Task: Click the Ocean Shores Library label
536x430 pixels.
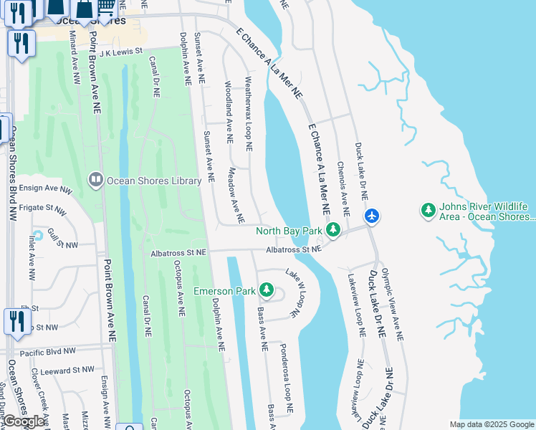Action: (153, 181)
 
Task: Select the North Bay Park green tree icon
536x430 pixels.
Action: (332, 230)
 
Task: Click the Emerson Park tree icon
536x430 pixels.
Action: (267, 290)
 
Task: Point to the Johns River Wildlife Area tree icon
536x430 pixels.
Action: (428, 210)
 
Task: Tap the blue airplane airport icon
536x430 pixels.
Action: (371, 215)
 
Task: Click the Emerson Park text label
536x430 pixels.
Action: (224, 292)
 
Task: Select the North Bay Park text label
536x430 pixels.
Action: (289, 231)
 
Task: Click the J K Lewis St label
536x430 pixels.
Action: (121, 52)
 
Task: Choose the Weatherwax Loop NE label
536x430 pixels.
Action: (249, 114)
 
